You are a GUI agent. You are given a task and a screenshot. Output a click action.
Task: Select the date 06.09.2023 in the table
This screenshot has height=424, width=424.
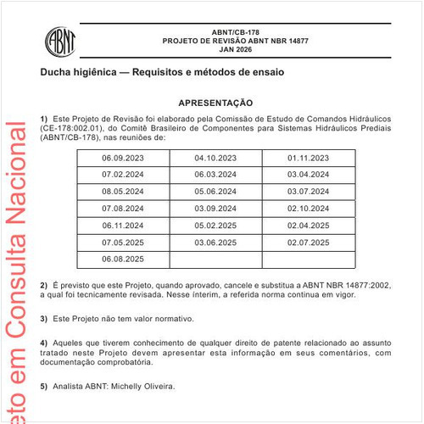coord(123,158)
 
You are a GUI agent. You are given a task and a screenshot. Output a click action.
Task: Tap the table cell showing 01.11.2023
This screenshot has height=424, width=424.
coord(308,158)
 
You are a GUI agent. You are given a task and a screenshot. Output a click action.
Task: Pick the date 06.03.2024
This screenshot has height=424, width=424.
coord(215,174)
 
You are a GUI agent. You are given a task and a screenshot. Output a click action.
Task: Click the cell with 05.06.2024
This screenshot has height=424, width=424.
coord(215,191)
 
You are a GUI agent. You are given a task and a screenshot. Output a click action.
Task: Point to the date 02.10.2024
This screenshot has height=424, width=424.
coord(308,208)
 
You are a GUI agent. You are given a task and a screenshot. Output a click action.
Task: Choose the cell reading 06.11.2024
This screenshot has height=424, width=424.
coord(123,225)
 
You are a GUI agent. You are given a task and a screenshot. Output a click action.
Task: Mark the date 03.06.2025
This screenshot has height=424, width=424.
coord(215,242)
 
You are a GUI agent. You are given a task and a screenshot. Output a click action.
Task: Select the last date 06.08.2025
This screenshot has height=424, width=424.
coord(123,259)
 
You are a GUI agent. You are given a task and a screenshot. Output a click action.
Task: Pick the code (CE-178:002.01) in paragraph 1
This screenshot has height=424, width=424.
coord(75,127)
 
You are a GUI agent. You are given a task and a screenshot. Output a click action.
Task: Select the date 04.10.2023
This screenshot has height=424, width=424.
coord(215,158)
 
